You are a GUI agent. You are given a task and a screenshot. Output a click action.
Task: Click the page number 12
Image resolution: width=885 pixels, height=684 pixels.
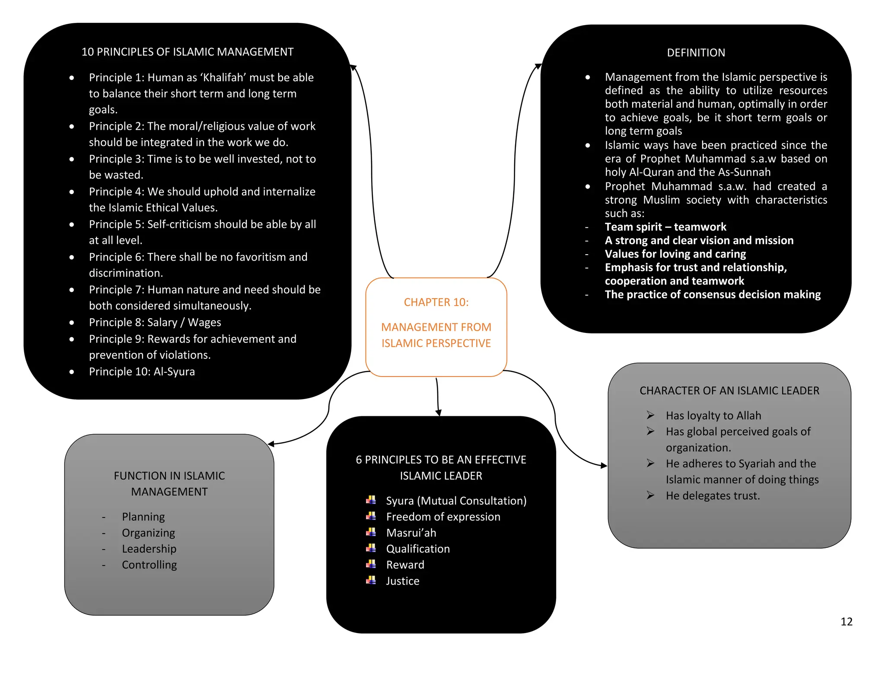[x=846, y=622]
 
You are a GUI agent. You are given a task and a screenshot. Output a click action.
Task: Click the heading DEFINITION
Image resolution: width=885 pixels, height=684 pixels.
[x=696, y=53]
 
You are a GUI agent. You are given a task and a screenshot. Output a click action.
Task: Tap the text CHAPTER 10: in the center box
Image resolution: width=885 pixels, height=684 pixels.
[x=436, y=302]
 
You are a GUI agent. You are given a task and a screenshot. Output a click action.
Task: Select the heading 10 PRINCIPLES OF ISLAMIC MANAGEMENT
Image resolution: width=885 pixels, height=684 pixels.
[x=187, y=52]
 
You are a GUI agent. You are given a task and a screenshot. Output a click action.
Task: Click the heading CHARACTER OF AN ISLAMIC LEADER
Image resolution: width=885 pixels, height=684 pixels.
[x=729, y=391]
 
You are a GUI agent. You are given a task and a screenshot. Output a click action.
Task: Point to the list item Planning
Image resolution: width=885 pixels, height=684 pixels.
[x=143, y=517]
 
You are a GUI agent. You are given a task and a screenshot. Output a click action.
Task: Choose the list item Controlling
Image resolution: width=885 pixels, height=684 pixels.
[x=149, y=565]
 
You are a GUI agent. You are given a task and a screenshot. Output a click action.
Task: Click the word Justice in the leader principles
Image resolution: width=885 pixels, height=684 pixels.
[x=402, y=581]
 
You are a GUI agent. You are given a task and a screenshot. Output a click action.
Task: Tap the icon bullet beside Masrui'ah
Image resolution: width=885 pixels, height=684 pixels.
[x=371, y=532]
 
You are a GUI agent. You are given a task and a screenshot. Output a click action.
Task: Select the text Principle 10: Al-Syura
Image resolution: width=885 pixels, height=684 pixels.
[x=142, y=372]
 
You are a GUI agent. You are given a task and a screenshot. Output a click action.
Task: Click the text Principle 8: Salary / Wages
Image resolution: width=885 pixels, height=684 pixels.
[x=155, y=323]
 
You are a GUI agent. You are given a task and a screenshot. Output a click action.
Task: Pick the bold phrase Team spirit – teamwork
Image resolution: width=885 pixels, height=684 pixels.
[x=665, y=227]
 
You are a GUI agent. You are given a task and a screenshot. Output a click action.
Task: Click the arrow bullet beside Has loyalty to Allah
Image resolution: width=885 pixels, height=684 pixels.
[x=650, y=416]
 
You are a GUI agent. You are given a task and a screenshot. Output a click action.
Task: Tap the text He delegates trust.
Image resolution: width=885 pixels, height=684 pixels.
[x=713, y=496]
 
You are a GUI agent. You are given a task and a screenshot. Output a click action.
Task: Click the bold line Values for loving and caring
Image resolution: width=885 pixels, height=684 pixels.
[x=675, y=254]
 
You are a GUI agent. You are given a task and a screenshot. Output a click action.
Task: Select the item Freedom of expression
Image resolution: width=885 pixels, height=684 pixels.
[x=443, y=517]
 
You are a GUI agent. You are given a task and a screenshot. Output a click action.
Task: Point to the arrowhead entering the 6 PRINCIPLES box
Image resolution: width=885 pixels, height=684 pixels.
[x=438, y=413]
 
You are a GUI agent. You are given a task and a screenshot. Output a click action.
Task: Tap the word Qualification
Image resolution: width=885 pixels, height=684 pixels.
[x=417, y=549]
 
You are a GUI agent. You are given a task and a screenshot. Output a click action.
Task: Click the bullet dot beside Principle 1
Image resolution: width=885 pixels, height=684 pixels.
[x=72, y=78]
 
